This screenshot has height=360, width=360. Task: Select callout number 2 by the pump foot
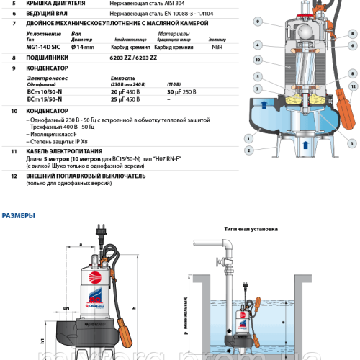point(248,150)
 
